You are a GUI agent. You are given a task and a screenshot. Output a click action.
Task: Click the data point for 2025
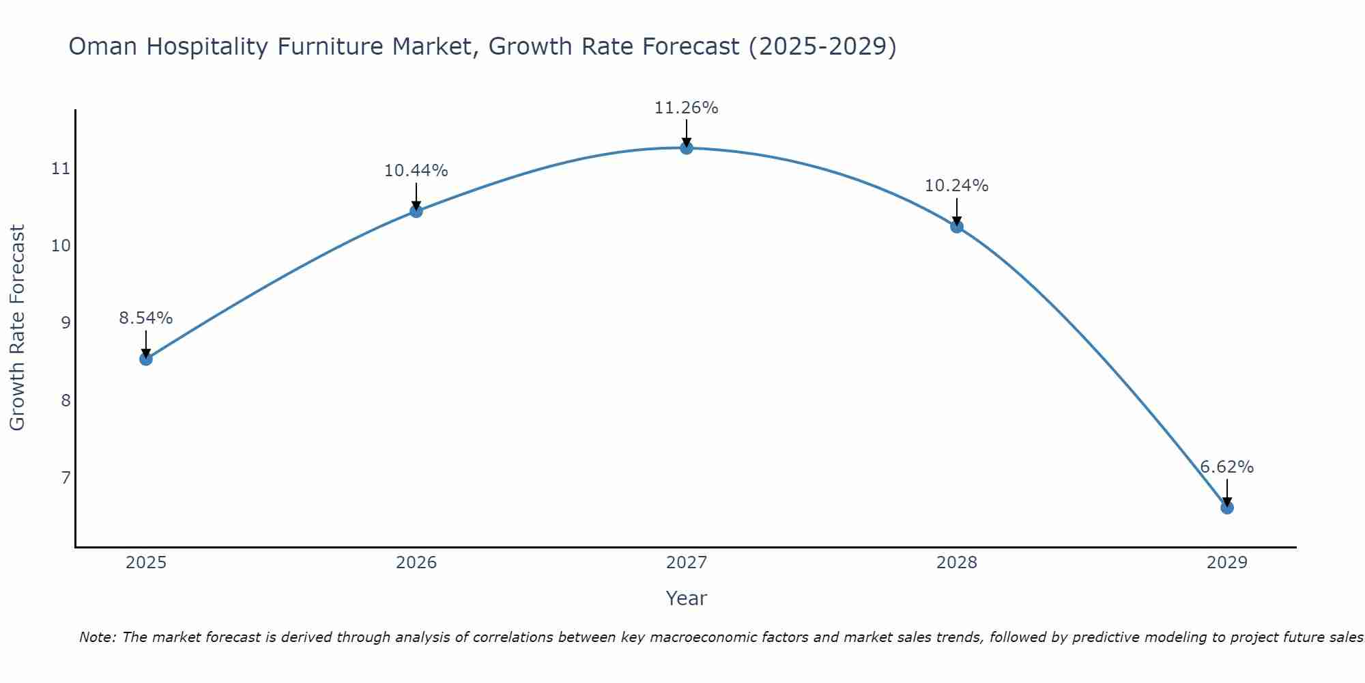coord(146,359)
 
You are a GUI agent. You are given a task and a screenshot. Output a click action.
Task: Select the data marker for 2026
coord(416,211)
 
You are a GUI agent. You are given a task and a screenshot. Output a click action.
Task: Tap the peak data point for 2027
coord(687,148)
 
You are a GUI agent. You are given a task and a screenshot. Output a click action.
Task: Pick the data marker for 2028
coord(957,227)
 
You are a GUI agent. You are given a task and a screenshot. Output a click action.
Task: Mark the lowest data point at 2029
coord(1226,507)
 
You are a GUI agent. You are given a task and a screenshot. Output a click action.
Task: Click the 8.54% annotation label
coord(146,318)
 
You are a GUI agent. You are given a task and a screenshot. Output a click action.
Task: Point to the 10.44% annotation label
coord(416,171)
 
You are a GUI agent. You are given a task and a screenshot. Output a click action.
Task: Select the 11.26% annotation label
coord(686,108)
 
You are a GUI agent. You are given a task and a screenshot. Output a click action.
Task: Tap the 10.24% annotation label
coord(956,186)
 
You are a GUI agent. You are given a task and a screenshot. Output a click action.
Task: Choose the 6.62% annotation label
coord(1226,467)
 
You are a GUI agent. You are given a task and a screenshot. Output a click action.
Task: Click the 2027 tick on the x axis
coord(687,563)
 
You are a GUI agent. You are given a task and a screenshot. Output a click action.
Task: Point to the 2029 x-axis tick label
coord(1226,563)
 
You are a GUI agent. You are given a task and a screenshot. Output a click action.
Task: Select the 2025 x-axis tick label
coord(146,563)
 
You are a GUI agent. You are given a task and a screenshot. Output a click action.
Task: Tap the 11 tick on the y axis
coord(61,169)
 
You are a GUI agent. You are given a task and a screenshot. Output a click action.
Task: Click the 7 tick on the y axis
coord(66,477)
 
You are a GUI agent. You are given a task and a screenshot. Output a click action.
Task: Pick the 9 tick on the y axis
coord(66,322)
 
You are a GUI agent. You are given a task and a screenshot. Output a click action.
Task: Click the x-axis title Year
coord(686,598)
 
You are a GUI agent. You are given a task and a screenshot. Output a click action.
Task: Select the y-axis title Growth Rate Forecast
coord(18,328)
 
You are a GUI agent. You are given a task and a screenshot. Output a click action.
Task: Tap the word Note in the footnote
coord(97,637)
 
